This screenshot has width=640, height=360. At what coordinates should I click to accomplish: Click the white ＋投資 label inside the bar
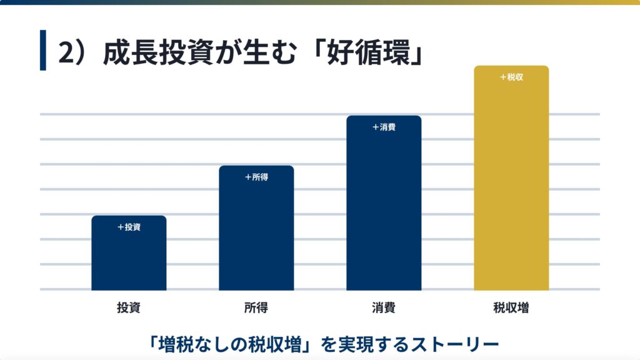[x=129, y=227]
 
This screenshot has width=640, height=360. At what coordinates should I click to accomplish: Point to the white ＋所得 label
[x=256, y=177]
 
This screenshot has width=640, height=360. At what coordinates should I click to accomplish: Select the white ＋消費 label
[x=384, y=127]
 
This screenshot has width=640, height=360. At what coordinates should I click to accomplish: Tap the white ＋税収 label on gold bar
[x=511, y=77]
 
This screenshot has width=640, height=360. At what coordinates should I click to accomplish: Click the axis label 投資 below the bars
[x=128, y=308]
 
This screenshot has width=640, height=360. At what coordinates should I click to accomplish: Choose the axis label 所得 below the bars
[x=256, y=308]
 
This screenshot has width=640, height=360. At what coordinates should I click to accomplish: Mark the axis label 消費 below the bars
[x=383, y=308]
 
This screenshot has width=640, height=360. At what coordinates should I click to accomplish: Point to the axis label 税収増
[x=511, y=308]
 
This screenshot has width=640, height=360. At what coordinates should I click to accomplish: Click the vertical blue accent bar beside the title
[x=43, y=50]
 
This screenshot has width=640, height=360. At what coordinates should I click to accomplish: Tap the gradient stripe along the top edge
[x=320, y=2]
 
